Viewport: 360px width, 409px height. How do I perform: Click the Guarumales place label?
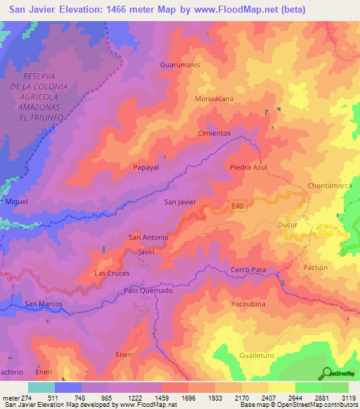[x=181, y=64]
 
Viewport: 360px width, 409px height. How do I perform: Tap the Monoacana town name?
[x=214, y=99]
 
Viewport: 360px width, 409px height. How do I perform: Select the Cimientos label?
[x=214, y=133]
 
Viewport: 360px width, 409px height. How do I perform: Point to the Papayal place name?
[x=146, y=168]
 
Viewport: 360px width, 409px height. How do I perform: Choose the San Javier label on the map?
[x=179, y=202]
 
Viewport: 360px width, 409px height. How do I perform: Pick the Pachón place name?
[x=316, y=267]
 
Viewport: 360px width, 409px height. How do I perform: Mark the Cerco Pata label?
[x=248, y=270]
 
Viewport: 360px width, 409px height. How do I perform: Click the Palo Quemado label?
[x=148, y=290]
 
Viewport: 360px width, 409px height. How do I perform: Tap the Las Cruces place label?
[x=112, y=273]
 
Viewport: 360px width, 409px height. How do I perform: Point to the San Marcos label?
[x=44, y=304]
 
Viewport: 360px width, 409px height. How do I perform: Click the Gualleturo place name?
[x=260, y=356]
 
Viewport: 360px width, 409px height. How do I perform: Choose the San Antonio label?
[x=148, y=238]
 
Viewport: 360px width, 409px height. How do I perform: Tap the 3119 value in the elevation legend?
[x=349, y=397]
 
